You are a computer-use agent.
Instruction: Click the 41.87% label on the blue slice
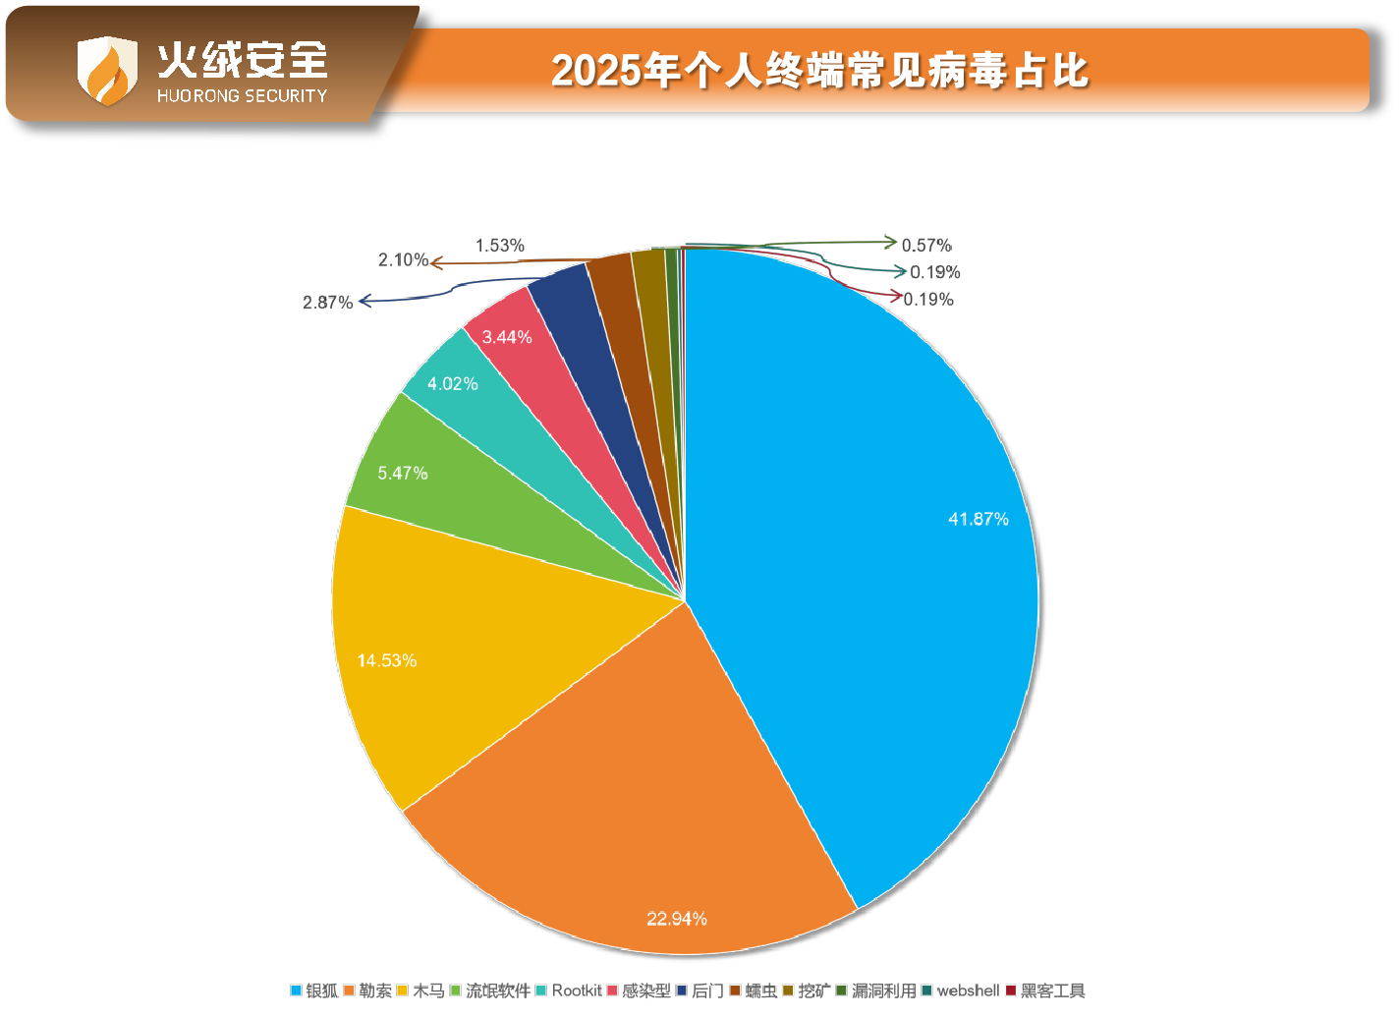point(978,519)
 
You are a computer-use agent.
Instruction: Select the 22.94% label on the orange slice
point(677,919)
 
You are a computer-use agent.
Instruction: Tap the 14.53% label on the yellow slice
point(386,660)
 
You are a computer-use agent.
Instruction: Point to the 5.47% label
point(403,473)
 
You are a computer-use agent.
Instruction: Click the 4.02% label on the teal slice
point(453,383)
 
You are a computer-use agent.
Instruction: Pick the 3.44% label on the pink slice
point(507,337)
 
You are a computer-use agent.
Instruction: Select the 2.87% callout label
point(327,303)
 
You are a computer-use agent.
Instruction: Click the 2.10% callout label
point(403,260)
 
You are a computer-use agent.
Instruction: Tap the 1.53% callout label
point(500,246)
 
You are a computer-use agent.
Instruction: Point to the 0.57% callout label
point(926,246)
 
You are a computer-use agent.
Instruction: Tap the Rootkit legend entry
point(569,990)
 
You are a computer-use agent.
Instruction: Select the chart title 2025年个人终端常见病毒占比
point(819,71)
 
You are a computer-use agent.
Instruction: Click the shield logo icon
point(107,70)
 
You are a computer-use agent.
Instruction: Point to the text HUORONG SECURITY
point(242,95)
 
